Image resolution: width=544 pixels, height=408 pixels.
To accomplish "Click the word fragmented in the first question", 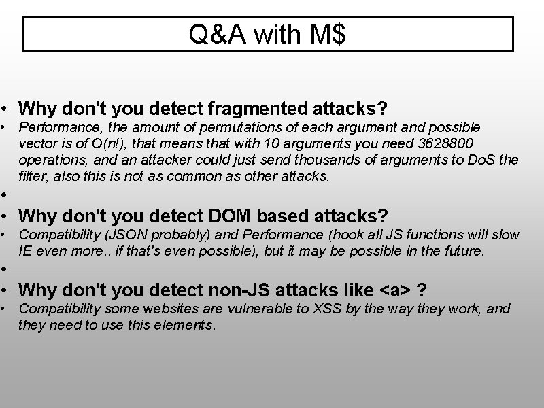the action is tap(234, 108).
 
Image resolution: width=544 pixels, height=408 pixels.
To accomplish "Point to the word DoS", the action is tap(490, 160).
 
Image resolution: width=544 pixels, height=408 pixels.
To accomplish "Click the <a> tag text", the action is tap(394, 290).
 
